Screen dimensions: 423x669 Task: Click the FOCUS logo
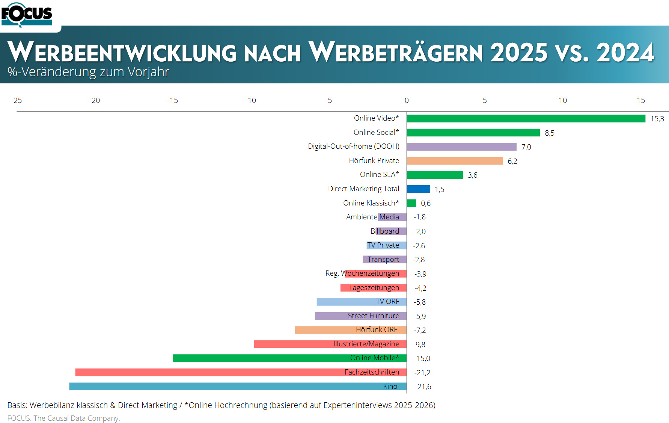point(27,15)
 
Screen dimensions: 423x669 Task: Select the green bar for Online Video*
point(526,119)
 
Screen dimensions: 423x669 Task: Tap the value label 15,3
point(657,119)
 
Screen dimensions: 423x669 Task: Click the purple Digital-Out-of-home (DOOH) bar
point(461,147)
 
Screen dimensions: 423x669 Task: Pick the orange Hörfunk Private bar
point(454,161)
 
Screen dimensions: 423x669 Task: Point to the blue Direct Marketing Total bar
point(418,189)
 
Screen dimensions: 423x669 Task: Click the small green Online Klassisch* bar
point(411,203)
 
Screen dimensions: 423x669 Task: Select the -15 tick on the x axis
point(173,101)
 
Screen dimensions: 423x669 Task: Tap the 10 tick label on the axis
point(562,101)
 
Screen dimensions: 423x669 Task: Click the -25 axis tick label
point(17,101)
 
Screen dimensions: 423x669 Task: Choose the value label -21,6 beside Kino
point(423,387)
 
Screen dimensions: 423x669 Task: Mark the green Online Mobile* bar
point(263,358)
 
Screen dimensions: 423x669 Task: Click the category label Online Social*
point(376,133)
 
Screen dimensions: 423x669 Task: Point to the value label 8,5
point(549,133)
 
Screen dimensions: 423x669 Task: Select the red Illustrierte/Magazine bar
point(293,344)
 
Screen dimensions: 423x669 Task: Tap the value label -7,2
point(420,331)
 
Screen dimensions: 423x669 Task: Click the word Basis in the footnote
point(17,405)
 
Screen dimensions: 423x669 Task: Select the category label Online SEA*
point(379,175)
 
